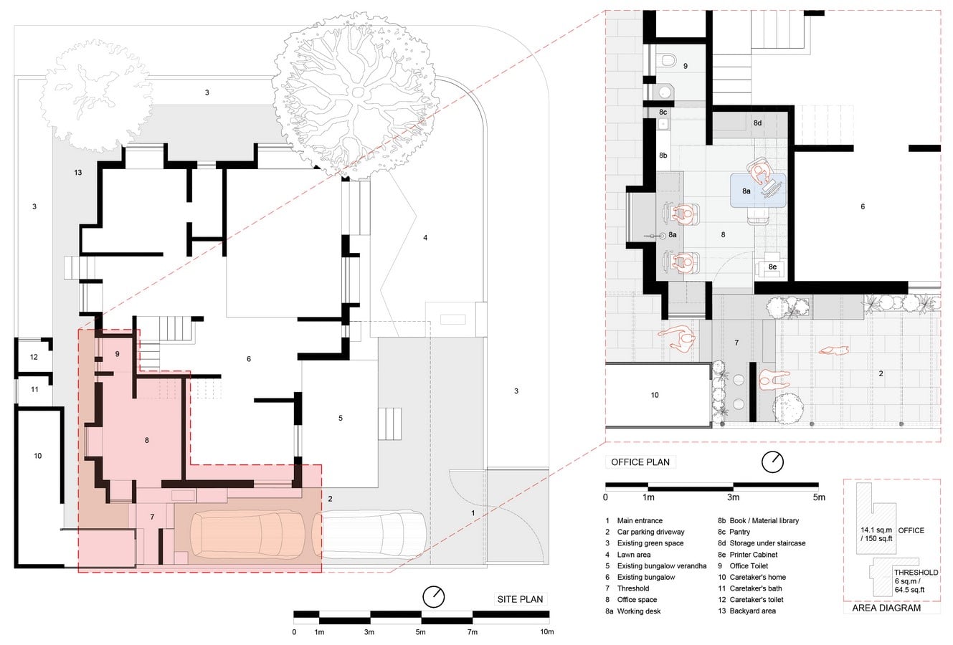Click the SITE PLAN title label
pyautogui.click(x=520, y=599)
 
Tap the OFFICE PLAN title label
pyautogui.click(x=640, y=462)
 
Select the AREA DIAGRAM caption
pyautogui.click(x=886, y=608)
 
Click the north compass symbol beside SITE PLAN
pyautogui.click(x=434, y=596)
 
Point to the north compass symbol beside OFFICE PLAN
pyautogui.click(x=772, y=462)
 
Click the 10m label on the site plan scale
pyautogui.click(x=547, y=632)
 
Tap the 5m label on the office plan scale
pyautogui.click(x=819, y=497)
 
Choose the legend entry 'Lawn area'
pyautogui.click(x=633, y=555)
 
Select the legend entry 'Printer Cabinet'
pyautogui.click(x=753, y=555)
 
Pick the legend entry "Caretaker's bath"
pyautogui.click(x=756, y=588)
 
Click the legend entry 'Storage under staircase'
pyautogui.click(x=767, y=543)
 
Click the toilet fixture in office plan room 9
pyautogui.click(x=666, y=60)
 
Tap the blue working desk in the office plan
pyautogui.click(x=758, y=191)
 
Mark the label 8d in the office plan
pyautogui.click(x=757, y=123)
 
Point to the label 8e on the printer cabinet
pyautogui.click(x=772, y=267)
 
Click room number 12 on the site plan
pyautogui.click(x=34, y=357)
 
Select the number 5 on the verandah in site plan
pyautogui.click(x=341, y=419)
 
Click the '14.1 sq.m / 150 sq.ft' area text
pyautogui.click(x=876, y=535)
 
